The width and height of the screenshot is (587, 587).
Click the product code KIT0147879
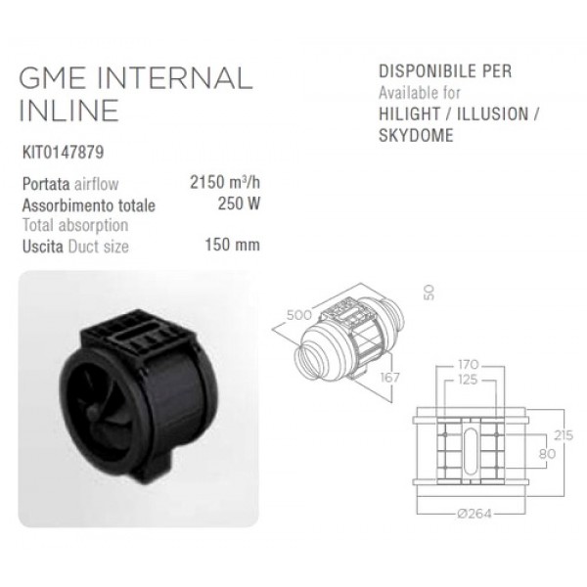coord(63,153)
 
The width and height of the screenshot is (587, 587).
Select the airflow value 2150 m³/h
coord(225,182)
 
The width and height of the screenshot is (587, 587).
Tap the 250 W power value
coord(239,204)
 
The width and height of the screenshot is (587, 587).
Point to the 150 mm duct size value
coord(232,245)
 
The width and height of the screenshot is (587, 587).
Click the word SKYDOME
coord(416,135)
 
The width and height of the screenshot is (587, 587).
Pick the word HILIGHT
coord(410,113)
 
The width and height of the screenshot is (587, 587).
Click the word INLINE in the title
coord(68,111)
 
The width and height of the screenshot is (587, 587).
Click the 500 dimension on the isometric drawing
coord(299,315)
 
